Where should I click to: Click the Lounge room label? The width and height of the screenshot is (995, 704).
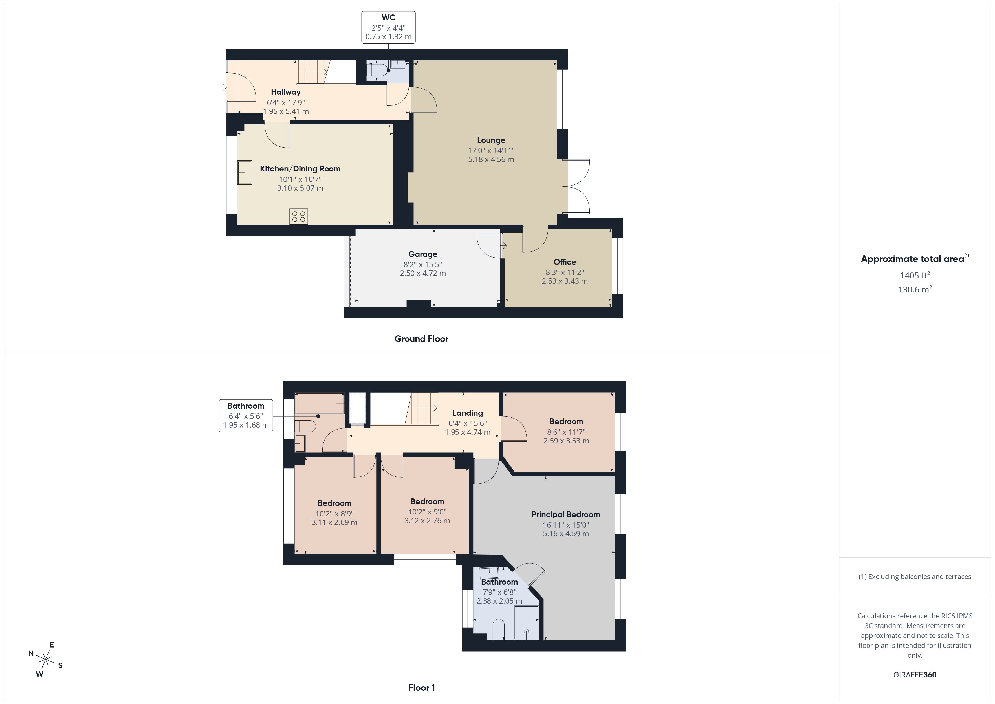(491, 140)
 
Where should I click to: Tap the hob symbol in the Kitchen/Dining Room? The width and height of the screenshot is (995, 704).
(299, 216)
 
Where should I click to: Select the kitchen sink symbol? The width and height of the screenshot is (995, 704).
(245, 173)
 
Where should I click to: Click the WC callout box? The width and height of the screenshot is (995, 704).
(388, 27)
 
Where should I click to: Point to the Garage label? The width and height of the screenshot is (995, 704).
(422, 254)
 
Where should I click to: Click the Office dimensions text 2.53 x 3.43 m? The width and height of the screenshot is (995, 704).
(565, 281)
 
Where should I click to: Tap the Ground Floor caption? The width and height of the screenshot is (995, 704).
(421, 338)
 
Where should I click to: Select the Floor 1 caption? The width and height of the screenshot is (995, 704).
(421, 687)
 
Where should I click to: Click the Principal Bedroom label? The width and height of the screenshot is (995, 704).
(565, 514)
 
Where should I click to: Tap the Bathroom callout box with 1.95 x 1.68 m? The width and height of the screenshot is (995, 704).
(246, 415)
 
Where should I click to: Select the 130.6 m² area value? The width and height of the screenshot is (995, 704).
(915, 289)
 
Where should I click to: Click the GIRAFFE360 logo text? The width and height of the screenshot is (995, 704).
(915, 674)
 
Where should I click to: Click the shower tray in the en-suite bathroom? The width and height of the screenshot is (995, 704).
(526, 623)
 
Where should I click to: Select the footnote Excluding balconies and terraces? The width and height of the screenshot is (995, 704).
(915, 577)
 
